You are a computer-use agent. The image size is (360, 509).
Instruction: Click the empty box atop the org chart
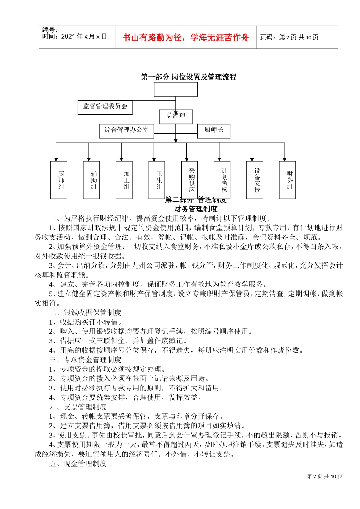[x=175, y=89]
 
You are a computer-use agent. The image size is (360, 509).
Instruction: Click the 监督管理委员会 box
[x=105, y=107]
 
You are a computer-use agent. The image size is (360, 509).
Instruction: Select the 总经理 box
[x=176, y=116]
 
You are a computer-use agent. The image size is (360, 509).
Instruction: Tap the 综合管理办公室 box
[x=127, y=130]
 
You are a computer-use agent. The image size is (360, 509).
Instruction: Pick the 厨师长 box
[x=214, y=130]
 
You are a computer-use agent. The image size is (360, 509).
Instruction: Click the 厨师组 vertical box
[x=59, y=180]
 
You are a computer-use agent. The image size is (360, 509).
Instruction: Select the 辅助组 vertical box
[x=91, y=180]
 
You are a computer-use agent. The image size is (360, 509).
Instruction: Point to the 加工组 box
[x=124, y=180]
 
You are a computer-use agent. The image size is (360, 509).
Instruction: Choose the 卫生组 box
[x=157, y=180]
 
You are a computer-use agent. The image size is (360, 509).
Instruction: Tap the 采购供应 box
[x=189, y=180]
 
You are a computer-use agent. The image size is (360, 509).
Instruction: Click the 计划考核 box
[x=222, y=180]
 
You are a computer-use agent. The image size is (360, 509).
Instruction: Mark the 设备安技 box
[x=255, y=180]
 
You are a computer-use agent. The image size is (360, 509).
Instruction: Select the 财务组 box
[x=287, y=180]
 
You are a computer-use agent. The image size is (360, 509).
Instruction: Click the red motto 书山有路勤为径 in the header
[x=186, y=37]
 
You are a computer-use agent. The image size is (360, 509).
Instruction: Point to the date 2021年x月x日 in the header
[x=75, y=37]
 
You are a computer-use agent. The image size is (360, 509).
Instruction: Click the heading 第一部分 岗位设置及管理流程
[x=188, y=77]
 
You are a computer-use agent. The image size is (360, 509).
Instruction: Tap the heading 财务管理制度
[x=196, y=209]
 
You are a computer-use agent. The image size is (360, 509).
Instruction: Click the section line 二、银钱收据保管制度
[x=85, y=312]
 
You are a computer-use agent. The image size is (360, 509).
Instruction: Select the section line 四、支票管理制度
[x=78, y=407]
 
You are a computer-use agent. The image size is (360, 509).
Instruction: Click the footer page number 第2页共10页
[x=324, y=476]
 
